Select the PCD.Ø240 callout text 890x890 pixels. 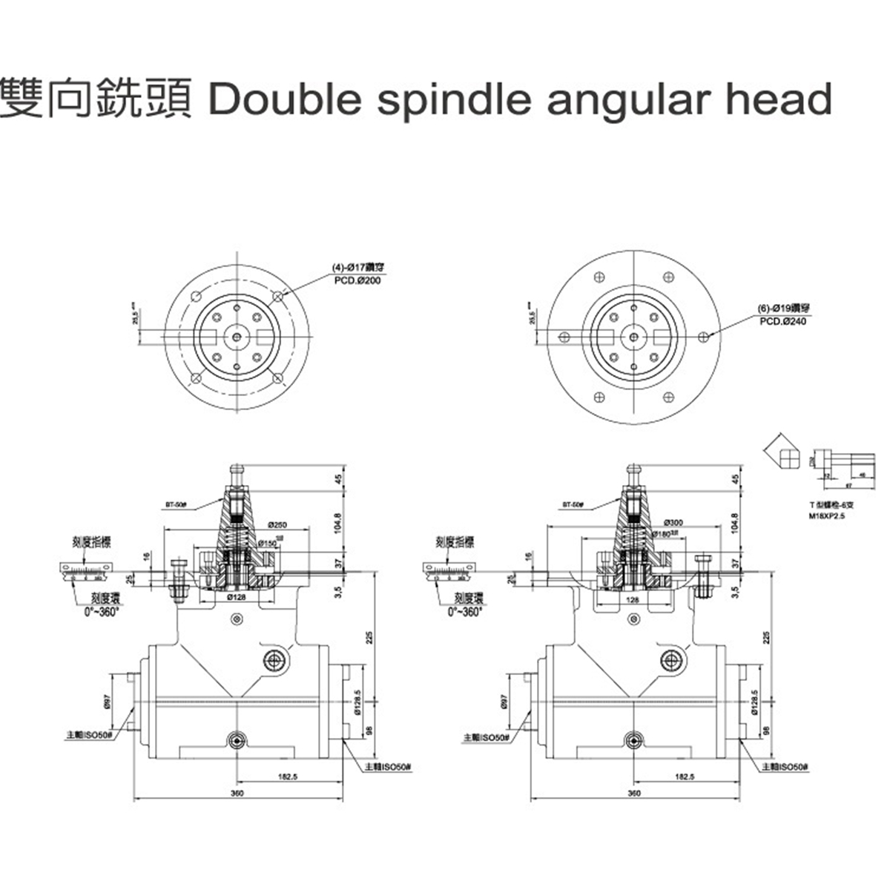pos(782,321)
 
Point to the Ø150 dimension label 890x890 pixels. pos(268,544)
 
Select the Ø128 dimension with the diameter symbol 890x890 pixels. pos(236,596)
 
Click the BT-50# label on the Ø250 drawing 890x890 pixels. pos(177,504)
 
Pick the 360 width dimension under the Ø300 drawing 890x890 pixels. pos(634,793)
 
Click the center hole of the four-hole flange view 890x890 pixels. pos(236,336)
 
